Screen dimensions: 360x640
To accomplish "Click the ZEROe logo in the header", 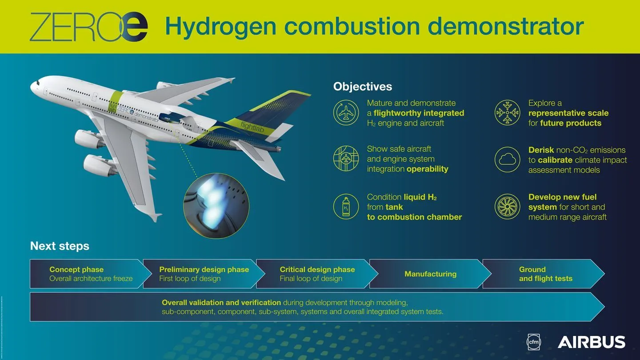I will pos(88,27).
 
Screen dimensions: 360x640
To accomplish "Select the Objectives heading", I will pos(363,86).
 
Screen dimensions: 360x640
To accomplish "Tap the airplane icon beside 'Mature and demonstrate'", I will pos(346,113).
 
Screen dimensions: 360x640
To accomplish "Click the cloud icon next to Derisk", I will pos(507,160).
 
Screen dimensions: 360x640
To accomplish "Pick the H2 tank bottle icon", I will pos(346,207).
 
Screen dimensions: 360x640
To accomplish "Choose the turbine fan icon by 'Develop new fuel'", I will pos(507,207).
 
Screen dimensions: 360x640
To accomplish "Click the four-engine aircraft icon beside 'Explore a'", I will pos(507,113).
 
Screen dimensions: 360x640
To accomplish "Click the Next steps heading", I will pos(60,246).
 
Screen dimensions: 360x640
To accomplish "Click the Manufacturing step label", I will pos(430,274).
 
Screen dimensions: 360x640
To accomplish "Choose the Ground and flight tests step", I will pos(545,274).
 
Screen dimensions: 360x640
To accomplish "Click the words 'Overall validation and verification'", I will pos(221,303).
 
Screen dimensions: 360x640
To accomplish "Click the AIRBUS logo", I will pos(591,342).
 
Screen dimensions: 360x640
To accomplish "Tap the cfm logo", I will pos(532,341).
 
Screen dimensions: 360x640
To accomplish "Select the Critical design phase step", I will pos(317,274).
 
